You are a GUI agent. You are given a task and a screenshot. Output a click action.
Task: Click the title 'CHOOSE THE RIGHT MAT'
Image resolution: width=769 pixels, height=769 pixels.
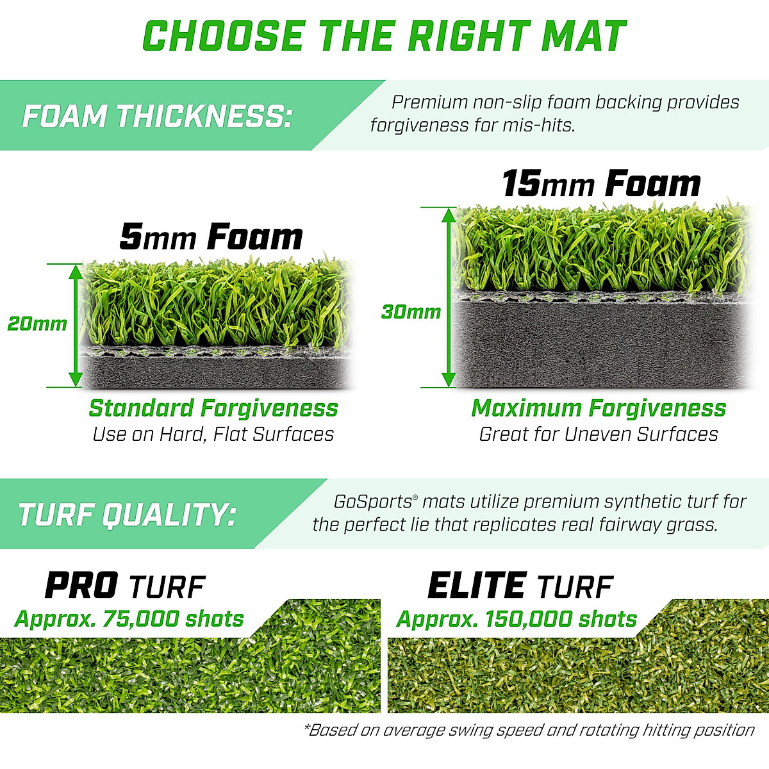384,37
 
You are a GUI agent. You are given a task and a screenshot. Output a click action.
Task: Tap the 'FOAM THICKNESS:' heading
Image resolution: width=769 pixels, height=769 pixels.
157,116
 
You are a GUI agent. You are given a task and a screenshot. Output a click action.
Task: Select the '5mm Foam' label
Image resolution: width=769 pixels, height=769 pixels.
211,237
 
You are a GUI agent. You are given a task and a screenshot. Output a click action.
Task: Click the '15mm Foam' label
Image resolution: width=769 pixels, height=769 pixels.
600,184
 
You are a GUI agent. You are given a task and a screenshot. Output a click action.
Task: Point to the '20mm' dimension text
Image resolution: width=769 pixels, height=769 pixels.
37,324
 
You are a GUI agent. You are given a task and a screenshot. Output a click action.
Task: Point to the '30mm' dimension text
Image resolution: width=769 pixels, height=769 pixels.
411,312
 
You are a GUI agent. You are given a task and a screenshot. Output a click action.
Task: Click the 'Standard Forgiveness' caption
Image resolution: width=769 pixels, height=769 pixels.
213,408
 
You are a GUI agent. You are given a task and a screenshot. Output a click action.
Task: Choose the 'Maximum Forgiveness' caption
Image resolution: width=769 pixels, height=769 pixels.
599,408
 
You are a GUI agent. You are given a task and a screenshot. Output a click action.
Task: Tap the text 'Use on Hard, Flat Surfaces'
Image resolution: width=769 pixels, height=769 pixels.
213,434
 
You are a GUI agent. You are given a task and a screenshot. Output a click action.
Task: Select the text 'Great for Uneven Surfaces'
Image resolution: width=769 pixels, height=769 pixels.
599,434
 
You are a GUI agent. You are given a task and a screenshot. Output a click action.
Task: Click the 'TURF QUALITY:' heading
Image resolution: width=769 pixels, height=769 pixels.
127,515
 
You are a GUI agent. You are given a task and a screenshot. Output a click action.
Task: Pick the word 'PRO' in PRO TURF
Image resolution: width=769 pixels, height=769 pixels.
81,586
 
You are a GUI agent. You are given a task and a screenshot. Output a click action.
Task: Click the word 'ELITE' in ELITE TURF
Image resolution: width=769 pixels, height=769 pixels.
475,586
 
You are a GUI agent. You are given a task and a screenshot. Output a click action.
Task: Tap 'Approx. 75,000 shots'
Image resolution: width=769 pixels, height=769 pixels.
129,619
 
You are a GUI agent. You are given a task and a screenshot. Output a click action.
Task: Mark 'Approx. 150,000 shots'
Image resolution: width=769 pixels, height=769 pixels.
517,619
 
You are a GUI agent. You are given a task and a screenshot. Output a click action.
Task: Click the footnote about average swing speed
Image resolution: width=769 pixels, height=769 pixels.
529,730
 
